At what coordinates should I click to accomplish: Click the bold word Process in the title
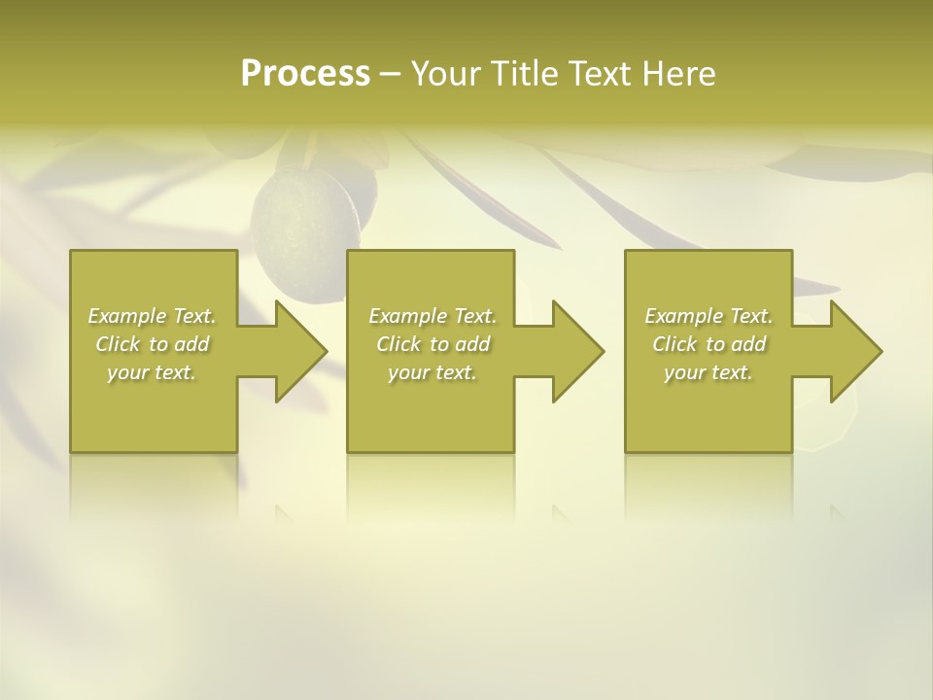coord(305,74)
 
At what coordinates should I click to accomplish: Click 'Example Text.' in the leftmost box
coord(152,316)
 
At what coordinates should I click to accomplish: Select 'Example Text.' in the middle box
coord(432,316)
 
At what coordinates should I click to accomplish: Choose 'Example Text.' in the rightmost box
coord(708,316)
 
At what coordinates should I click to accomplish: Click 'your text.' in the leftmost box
coord(152,372)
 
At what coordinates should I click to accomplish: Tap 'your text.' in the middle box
coord(432,372)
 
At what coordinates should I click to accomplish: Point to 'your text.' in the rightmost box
coord(708,372)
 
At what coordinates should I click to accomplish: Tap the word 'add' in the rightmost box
coord(748,344)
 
